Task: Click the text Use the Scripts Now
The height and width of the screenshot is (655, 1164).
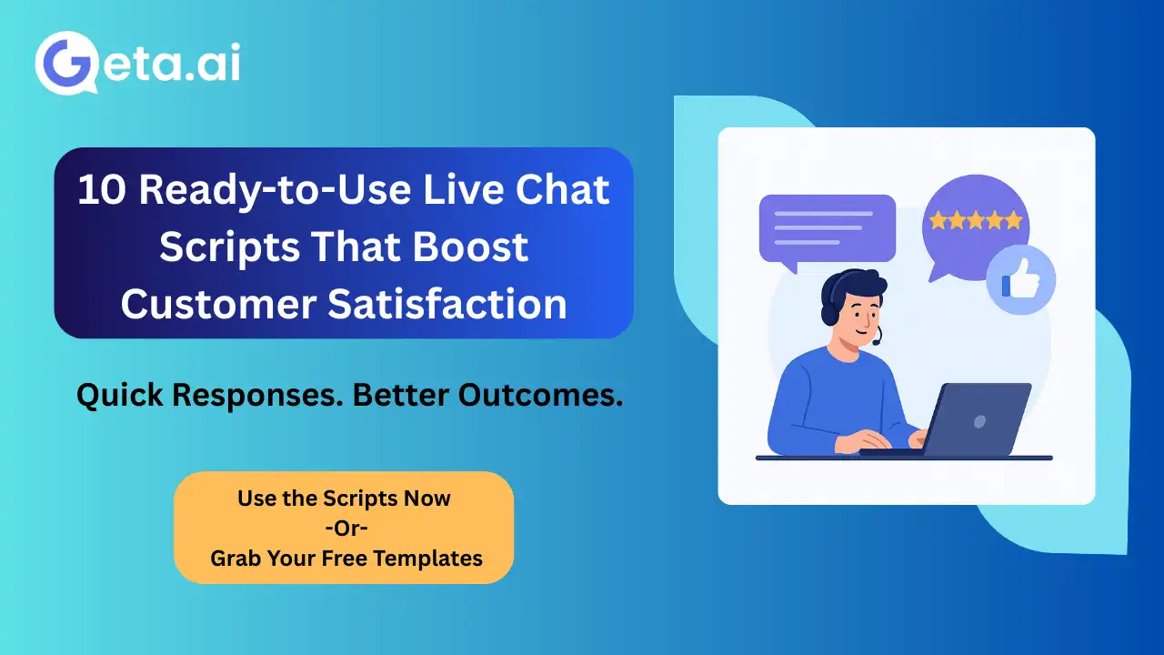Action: coord(344,499)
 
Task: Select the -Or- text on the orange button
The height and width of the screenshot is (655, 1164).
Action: coord(344,528)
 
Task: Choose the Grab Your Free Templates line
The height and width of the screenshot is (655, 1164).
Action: coord(346,558)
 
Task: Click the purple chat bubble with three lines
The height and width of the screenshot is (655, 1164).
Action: coord(826,229)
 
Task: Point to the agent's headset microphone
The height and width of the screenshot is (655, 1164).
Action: coord(877,341)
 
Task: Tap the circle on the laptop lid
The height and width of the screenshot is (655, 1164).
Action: coord(979,421)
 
